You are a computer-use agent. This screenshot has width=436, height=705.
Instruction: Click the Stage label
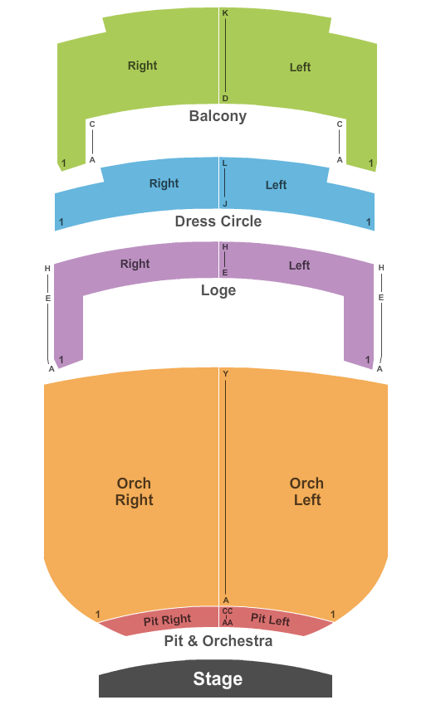tap(218, 678)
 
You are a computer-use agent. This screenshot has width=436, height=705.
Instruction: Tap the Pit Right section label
tap(167, 620)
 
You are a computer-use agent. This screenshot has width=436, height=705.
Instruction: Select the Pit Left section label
tap(270, 620)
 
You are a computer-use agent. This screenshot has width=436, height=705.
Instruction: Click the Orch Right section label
tap(135, 492)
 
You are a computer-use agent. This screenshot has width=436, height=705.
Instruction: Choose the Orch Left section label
tap(306, 492)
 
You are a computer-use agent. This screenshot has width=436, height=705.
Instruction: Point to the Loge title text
tap(218, 290)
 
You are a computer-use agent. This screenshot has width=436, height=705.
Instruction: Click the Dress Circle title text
tap(218, 221)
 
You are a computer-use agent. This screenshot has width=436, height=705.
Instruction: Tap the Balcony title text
tap(218, 116)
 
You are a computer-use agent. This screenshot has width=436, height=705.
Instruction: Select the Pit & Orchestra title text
tap(218, 640)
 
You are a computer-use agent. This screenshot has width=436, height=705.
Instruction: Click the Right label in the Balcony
tap(142, 66)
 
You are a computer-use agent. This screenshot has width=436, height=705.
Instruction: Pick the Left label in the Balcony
tap(300, 67)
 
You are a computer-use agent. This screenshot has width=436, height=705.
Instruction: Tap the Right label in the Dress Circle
tap(164, 183)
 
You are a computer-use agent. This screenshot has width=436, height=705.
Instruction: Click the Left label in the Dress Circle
tap(276, 185)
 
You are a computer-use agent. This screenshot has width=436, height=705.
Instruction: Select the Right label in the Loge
tap(135, 264)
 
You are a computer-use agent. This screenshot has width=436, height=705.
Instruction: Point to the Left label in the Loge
tap(300, 265)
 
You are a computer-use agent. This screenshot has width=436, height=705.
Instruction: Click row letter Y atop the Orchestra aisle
tap(226, 373)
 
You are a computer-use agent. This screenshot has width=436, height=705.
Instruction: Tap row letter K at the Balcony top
tap(225, 13)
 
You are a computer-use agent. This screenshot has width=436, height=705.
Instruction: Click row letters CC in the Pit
tap(228, 611)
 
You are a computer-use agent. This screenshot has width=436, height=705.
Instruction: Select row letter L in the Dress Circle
tap(225, 163)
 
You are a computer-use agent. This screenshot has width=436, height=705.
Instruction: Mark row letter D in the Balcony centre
tap(225, 99)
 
